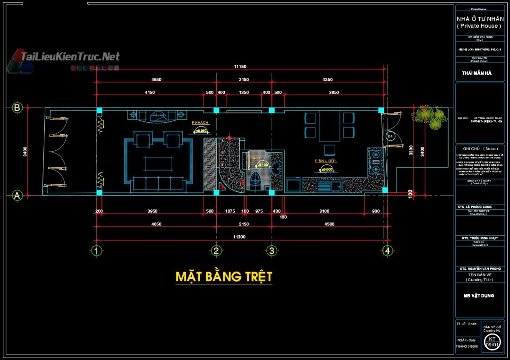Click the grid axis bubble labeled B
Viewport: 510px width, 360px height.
17,108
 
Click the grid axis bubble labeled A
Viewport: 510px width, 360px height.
17,195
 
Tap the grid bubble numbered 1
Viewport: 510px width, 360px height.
96,250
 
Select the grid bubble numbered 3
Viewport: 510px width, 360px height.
272,250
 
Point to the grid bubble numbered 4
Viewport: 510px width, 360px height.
387,250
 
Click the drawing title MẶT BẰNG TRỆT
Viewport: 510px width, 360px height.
224,276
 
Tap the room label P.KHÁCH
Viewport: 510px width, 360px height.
200,123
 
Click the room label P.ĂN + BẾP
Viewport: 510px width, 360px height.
325,161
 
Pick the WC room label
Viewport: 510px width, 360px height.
257,158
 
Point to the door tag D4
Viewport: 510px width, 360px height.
390,137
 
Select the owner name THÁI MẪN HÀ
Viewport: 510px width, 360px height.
476,73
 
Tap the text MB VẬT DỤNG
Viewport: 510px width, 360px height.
478,295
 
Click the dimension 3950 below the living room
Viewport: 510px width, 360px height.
153,211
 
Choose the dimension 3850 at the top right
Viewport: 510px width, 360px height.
334,93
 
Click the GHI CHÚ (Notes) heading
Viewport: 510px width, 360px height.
479,148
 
